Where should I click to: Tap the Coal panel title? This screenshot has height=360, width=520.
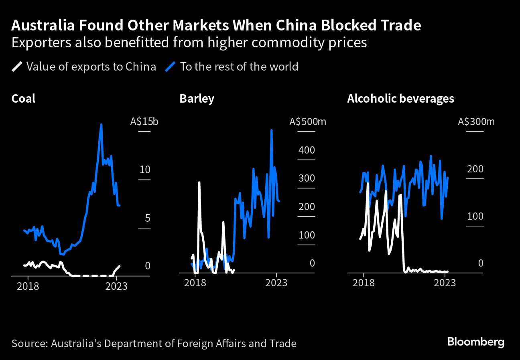[x=23, y=99]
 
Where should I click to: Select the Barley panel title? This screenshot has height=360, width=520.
[x=197, y=99]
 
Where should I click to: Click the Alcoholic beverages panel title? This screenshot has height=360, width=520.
[x=400, y=99]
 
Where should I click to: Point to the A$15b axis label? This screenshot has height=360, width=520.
[x=144, y=121]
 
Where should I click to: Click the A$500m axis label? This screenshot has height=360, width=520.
[x=308, y=121]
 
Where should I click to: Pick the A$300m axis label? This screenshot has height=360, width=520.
[x=476, y=121]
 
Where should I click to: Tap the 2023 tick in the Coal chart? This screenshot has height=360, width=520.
[x=116, y=286]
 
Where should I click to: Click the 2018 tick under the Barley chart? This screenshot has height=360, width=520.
[x=195, y=283]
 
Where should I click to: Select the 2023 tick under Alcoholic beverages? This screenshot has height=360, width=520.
[x=445, y=283]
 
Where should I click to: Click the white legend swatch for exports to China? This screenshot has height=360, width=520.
[x=17, y=67]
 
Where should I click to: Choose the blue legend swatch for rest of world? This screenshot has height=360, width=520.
[x=170, y=67]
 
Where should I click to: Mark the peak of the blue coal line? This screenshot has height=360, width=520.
[x=101, y=124]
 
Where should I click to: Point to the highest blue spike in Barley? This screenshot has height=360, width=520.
[x=272, y=130]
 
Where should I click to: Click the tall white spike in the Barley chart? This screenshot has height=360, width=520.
[x=199, y=182]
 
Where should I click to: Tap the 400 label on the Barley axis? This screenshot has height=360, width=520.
[x=306, y=150]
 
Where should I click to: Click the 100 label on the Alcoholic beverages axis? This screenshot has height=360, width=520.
[x=475, y=216]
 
